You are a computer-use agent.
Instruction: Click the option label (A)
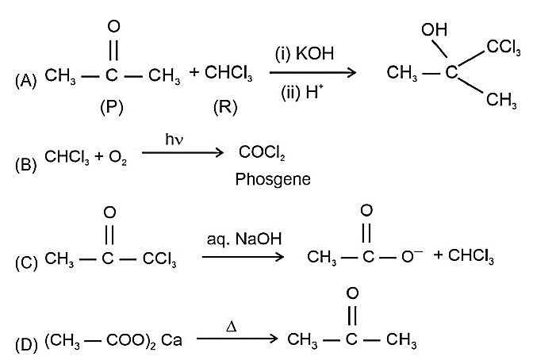coord(26,81)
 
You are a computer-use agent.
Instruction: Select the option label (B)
coord(26,164)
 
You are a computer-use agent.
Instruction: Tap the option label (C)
coord(26,263)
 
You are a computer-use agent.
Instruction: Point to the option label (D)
coord(26,344)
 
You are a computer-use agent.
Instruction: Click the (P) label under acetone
coord(112,107)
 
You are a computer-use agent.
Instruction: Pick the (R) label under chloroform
coord(225,107)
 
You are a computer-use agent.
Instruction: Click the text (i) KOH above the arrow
coord(305,53)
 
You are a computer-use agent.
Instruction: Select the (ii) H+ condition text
coord(302,92)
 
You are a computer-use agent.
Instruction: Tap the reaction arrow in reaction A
coord(313,72)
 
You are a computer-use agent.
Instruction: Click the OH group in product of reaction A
coord(434,30)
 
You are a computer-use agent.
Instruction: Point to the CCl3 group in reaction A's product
coord(504,48)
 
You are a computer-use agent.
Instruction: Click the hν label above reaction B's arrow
coord(174,140)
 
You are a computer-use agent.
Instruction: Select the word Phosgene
coord(273,179)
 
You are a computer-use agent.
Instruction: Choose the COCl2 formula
coord(262,152)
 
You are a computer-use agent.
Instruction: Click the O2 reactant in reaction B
coord(117,157)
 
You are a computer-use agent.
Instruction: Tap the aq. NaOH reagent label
coord(244,239)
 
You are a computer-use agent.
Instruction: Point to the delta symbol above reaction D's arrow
coord(231,327)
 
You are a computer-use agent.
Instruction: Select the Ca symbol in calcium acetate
coord(171,340)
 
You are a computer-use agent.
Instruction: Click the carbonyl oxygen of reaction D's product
coord(352,293)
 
